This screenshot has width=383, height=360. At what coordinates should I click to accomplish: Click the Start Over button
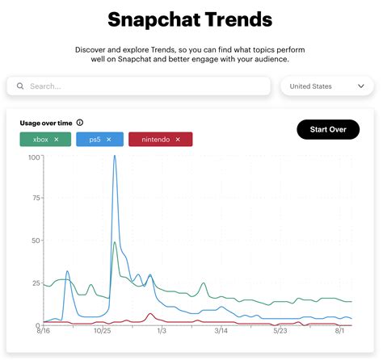pyautogui.click(x=328, y=129)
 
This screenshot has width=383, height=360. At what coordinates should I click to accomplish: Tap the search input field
pyautogui.click(x=145, y=86)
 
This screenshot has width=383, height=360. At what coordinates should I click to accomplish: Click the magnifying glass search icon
pyautogui.click(x=20, y=86)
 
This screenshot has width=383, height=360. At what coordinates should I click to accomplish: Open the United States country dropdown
pyautogui.click(x=326, y=86)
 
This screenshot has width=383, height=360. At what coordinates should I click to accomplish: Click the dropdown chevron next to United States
pyautogui.click(x=360, y=86)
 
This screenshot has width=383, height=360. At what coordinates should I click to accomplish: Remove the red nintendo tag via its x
pyautogui.click(x=178, y=140)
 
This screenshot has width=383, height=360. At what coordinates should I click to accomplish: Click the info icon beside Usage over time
pyautogui.click(x=80, y=123)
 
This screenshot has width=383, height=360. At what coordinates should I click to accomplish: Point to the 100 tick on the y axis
pyautogui.click(x=33, y=157)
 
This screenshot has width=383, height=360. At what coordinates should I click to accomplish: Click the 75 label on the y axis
pyautogui.click(x=35, y=199)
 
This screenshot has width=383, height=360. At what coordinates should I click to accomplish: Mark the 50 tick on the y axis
pyautogui.click(x=35, y=241)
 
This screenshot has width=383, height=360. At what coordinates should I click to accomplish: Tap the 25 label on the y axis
pyautogui.click(x=35, y=283)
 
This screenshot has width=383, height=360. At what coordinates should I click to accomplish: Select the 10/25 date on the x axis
pyautogui.click(x=102, y=331)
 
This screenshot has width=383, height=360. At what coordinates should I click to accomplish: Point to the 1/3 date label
pyautogui.click(x=162, y=331)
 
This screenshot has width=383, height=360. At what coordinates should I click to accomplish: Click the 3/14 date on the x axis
pyautogui.click(x=221, y=331)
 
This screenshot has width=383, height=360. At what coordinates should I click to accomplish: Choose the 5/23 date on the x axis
pyautogui.click(x=281, y=331)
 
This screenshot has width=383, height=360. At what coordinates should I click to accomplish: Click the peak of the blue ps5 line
pyautogui.click(x=115, y=157)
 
